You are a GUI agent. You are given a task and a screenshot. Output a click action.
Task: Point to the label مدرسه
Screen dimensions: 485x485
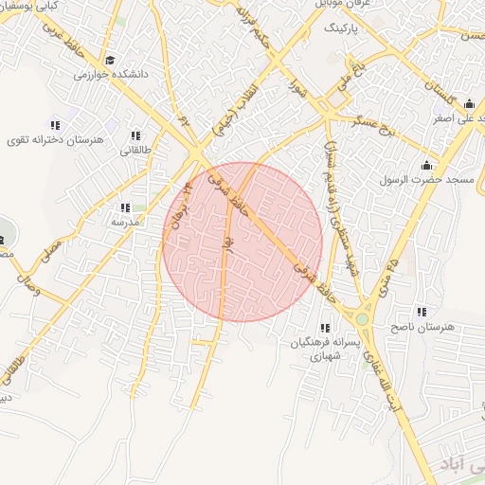point(126,221)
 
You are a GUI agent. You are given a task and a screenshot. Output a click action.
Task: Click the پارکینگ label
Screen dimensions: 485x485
point(343,29)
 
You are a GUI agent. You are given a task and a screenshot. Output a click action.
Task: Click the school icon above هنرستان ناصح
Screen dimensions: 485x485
point(421,312)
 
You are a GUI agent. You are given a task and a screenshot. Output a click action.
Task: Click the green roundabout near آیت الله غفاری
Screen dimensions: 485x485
point(363,319)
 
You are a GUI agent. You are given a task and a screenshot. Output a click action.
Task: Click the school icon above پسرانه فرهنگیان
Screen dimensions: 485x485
point(325,328)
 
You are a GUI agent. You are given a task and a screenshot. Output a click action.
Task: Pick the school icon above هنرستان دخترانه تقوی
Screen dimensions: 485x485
point(55,125)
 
